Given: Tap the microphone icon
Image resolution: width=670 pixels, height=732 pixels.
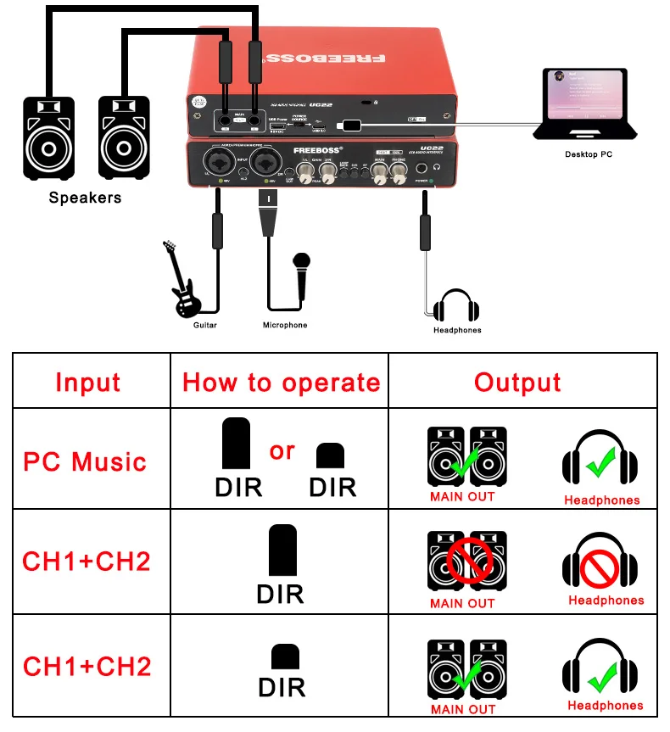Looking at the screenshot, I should point(299,274).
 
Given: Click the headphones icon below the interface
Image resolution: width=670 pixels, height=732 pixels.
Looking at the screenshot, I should point(457,306).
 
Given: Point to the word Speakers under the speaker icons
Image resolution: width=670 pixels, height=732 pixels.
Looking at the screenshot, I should point(85,198).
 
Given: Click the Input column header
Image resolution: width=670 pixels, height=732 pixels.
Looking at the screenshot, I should point(88,382).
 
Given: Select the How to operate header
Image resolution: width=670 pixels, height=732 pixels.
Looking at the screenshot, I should point(281,383).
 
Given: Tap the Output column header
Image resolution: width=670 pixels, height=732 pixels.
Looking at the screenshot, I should point(517,383).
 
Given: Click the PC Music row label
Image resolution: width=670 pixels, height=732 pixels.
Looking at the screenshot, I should point(85,462).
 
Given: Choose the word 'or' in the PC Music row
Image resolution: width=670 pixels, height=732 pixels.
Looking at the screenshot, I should point(282,450).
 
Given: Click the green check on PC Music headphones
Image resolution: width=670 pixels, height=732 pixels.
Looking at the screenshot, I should point(601,463).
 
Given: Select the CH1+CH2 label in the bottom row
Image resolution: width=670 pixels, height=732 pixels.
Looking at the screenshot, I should point(87,667).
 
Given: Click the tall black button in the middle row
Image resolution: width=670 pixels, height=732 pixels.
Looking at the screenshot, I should point(282,551).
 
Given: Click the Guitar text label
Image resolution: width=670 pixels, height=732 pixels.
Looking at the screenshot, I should point(205,325).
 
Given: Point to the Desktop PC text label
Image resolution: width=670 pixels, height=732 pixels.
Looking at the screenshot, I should point(588,154).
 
